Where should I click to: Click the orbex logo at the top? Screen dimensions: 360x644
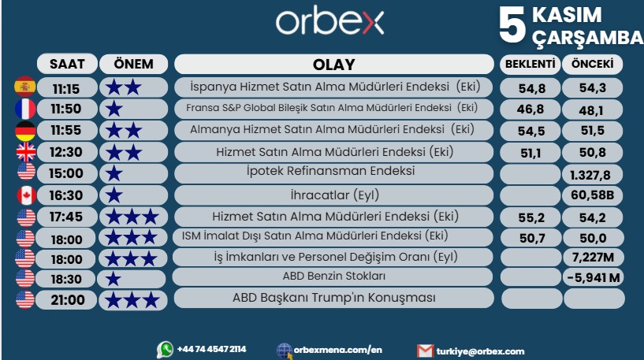point(329,23)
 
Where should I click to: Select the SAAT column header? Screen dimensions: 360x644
point(67,64)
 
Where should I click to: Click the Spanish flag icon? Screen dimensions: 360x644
point(24,87)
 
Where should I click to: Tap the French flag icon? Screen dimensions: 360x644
point(24,108)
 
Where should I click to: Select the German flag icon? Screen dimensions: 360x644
point(24,129)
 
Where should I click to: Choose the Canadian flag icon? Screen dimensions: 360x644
point(24,195)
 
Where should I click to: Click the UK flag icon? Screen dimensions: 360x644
point(24,151)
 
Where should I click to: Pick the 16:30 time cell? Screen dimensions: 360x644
point(67,195)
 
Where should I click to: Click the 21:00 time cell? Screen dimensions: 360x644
point(67,299)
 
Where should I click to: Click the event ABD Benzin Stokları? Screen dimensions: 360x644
point(333,276)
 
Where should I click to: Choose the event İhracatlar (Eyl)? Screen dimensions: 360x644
point(333,194)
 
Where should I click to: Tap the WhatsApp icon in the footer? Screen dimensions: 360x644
point(165,349)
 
